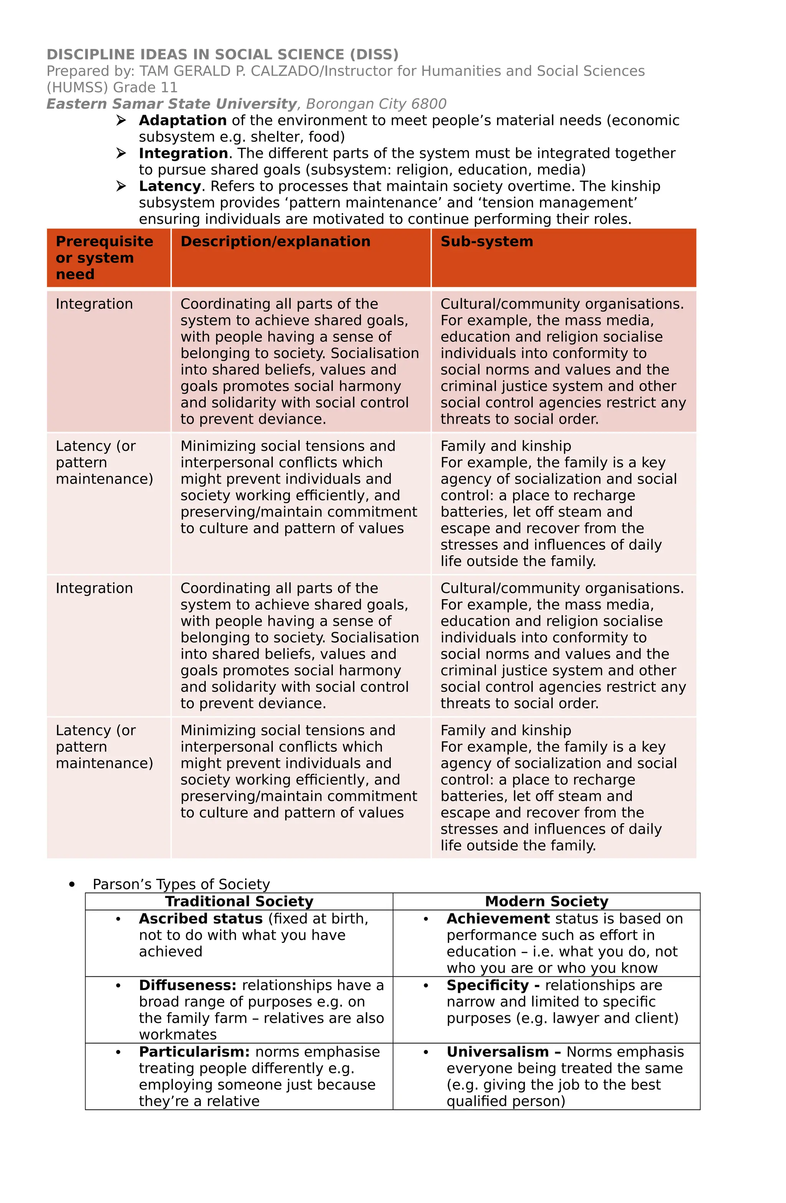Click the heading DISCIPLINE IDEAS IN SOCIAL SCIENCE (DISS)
(222, 55)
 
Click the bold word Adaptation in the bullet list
(182, 120)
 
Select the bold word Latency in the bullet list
(170, 186)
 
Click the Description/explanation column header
(275, 242)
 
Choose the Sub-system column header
(486, 242)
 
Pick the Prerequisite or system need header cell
(104, 258)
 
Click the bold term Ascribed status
(201, 918)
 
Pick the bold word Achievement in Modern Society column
(497, 918)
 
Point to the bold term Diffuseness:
(187, 985)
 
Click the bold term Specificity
(487, 985)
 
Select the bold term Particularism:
(194, 1052)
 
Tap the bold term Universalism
(497, 1052)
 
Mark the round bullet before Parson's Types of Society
(72, 884)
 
